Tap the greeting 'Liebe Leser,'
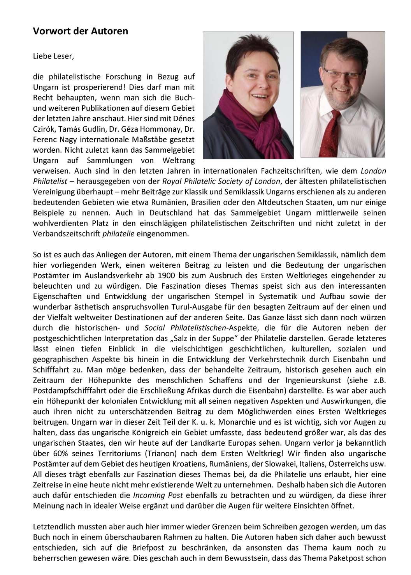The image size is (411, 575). coord(53,56)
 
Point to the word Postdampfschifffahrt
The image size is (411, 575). coord(67,390)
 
